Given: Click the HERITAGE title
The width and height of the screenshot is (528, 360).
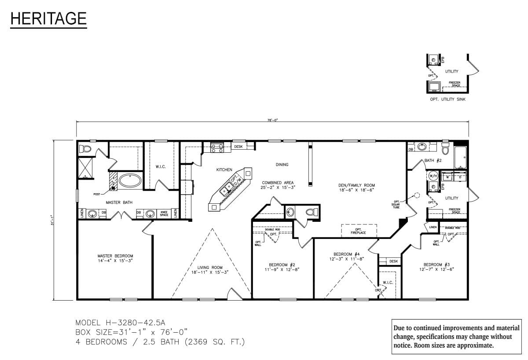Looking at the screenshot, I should click(48, 18).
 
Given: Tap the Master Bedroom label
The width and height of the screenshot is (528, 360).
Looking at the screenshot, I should click(115, 258).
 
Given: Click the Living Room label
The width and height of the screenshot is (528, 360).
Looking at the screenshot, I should click(207, 270).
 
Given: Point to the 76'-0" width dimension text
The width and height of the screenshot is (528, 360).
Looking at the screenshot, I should click(272, 120).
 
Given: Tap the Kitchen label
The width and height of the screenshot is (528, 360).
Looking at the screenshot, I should click(224, 169).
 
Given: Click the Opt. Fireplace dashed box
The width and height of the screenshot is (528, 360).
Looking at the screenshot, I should click(359, 231).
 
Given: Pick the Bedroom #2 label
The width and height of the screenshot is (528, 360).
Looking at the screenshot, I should click(282, 267).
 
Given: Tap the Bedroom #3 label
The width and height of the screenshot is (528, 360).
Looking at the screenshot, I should click(436, 267).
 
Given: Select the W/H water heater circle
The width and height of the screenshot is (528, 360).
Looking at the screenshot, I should click(432, 176).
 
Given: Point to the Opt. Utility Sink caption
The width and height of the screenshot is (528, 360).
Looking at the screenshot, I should click(447, 99).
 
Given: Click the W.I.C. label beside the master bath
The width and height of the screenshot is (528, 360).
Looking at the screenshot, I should click(160, 167).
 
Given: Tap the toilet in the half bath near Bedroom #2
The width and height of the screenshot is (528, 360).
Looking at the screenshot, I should click(310, 212).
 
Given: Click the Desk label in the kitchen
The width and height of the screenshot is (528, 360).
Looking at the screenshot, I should click(238, 147).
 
